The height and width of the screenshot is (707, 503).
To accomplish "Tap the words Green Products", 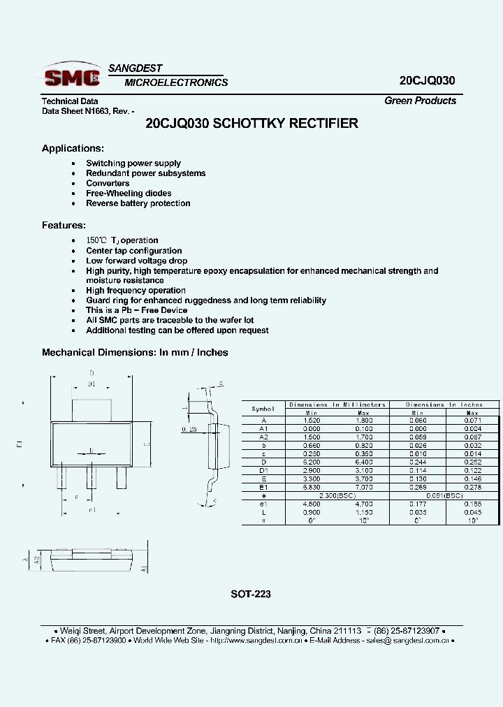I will (420, 101).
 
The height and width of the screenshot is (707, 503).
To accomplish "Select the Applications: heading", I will (73, 148).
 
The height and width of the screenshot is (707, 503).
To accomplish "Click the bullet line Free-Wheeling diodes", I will (129, 194).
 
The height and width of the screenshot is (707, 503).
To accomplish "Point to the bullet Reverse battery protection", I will (138, 203).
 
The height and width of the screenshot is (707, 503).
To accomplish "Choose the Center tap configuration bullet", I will (133, 251).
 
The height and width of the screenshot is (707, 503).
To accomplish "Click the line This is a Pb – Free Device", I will (136, 310).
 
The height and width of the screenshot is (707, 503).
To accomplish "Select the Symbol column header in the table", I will (263, 408).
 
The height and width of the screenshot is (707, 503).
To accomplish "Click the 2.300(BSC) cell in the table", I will (337, 495).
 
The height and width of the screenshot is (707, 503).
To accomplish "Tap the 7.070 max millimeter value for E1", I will (363, 487).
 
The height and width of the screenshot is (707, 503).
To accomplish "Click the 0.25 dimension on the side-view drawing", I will (188, 429).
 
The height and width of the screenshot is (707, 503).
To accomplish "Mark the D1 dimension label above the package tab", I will (92, 384).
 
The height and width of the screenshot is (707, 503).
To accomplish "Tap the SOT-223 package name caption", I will (251, 595).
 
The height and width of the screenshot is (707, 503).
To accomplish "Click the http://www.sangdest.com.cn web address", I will (256, 640).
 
